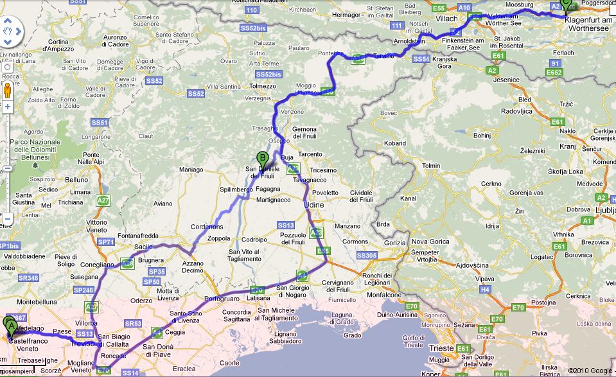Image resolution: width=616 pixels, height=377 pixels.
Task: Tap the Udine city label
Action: click(x=314, y=204)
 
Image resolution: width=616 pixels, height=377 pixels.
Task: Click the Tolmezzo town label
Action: click(x=263, y=86)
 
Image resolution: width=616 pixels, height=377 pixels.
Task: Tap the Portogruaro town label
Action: click(x=220, y=299)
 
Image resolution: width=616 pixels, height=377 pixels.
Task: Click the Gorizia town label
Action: click(x=395, y=243)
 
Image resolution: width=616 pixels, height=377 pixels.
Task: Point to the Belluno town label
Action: click(x=75, y=180)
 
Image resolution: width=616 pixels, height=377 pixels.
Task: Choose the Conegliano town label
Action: click(x=96, y=264)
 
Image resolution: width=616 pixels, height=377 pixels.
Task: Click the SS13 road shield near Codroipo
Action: click(x=286, y=225)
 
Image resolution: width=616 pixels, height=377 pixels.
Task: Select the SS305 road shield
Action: click(x=366, y=256)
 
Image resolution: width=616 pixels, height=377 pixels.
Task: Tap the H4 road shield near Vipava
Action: click(x=486, y=290)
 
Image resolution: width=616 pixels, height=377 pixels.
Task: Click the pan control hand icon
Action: click(x=8, y=30)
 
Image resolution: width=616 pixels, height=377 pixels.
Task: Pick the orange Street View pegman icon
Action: click(x=8, y=89)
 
